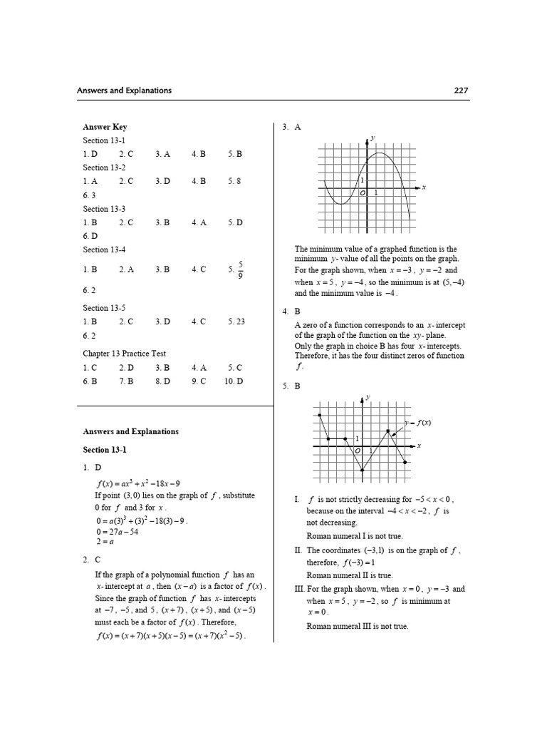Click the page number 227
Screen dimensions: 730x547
tap(460, 91)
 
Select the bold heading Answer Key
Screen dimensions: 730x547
tap(105, 127)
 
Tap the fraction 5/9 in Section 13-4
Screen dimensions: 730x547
tap(240, 269)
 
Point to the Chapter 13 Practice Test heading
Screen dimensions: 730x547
tap(124, 354)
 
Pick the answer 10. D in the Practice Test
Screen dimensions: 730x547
tap(234, 381)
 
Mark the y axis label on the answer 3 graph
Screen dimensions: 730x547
tap(373, 137)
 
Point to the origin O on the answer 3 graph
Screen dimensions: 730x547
tap(362, 192)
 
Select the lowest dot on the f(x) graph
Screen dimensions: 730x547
tap(362, 471)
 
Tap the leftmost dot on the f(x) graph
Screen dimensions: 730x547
tap(319, 414)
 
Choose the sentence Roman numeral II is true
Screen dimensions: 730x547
tap(349, 575)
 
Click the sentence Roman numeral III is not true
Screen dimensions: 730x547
tap(358, 627)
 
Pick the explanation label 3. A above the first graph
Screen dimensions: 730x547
tap(291, 127)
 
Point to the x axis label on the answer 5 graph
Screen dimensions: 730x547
tap(419, 446)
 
